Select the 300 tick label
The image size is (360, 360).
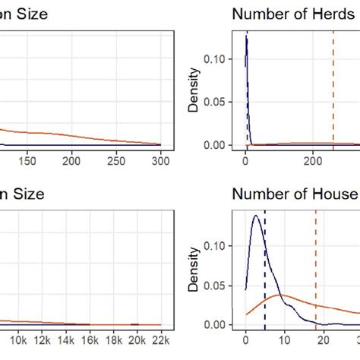161,162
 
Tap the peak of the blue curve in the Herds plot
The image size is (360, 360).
246,37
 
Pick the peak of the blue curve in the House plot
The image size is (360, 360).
256,216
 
